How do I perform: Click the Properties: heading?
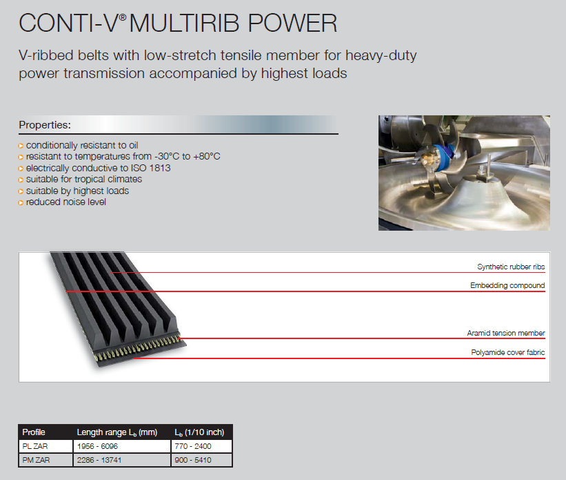coord(45,125)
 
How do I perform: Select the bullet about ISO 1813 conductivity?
coord(98,168)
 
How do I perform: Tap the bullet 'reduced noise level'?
coord(66,202)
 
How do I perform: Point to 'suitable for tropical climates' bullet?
coord(84,180)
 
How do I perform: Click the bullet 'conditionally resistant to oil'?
coord(82,145)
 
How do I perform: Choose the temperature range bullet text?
coord(123,157)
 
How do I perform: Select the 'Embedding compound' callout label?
coord(507,285)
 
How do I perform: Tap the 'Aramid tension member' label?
coord(506,333)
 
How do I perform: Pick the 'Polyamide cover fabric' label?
coord(507,353)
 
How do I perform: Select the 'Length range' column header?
coord(117,432)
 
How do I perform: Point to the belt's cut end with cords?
coord(135,348)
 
